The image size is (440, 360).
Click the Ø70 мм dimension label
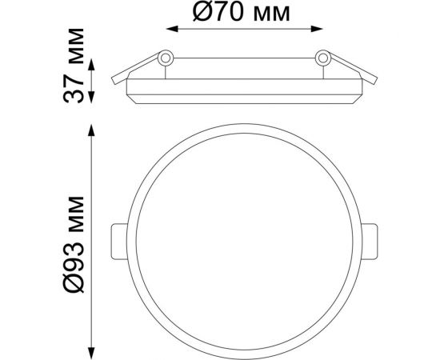pyautogui.click(x=242, y=12)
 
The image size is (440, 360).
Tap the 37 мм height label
pyautogui.click(x=74, y=66)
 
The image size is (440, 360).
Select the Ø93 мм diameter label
pyautogui.click(x=74, y=244)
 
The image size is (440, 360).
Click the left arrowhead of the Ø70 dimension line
pyautogui.click(x=172, y=29)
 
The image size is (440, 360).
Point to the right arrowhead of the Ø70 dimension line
pyautogui.click(x=317, y=29)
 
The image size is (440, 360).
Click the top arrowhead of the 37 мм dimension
pyautogui.click(x=91, y=65)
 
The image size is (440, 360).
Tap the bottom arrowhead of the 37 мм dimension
pyautogui.click(x=91, y=98)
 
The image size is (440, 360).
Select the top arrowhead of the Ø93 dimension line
pyautogui.click(x=91, y=130)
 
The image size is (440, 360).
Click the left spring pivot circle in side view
pyautogui.click(x=166, y=58)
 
